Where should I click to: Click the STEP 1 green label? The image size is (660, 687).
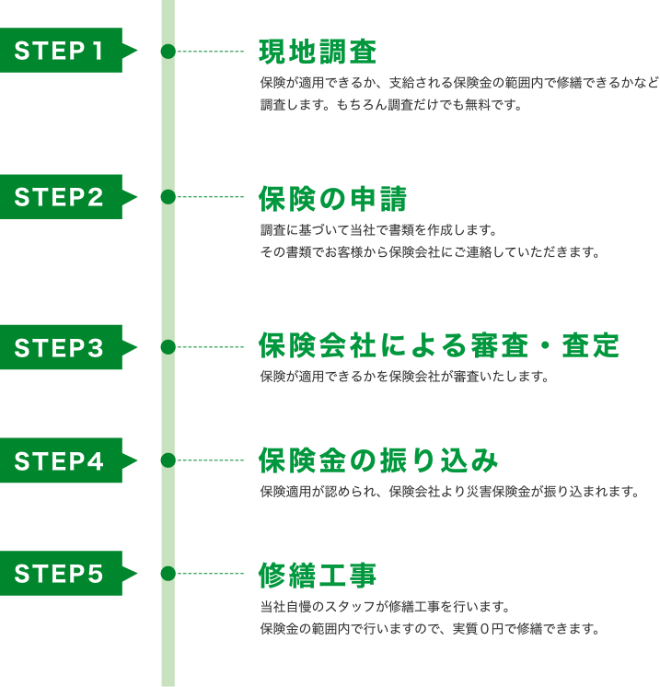coord(61,51)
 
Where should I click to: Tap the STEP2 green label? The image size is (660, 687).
coord(61,197)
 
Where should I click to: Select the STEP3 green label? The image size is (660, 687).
coord(61,347)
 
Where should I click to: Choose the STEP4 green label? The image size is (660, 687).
coord(61,460)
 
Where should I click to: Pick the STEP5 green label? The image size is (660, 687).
coord(61,574)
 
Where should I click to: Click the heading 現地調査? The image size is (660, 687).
coord(318,52)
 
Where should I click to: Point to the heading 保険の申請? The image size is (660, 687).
coord(332,198)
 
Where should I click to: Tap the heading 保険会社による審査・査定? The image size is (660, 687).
coord(439,346)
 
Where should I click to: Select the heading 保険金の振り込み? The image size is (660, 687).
coord(378,460)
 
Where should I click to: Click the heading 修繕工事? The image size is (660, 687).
coord(318,575)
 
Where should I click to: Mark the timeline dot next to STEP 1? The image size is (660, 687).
coord(168,52)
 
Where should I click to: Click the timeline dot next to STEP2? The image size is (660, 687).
coord(168,197)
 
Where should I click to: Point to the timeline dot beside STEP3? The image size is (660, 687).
coord(168,347)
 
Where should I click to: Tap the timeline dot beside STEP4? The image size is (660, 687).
coord(168,460)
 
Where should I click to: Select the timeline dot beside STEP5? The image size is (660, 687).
coord(168,574)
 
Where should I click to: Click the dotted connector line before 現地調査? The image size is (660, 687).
coord(210,52)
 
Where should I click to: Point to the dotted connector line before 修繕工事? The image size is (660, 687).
coord(210,574)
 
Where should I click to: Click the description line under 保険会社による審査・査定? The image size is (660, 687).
coord(404,377)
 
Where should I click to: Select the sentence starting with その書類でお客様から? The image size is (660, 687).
coord(429,252)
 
